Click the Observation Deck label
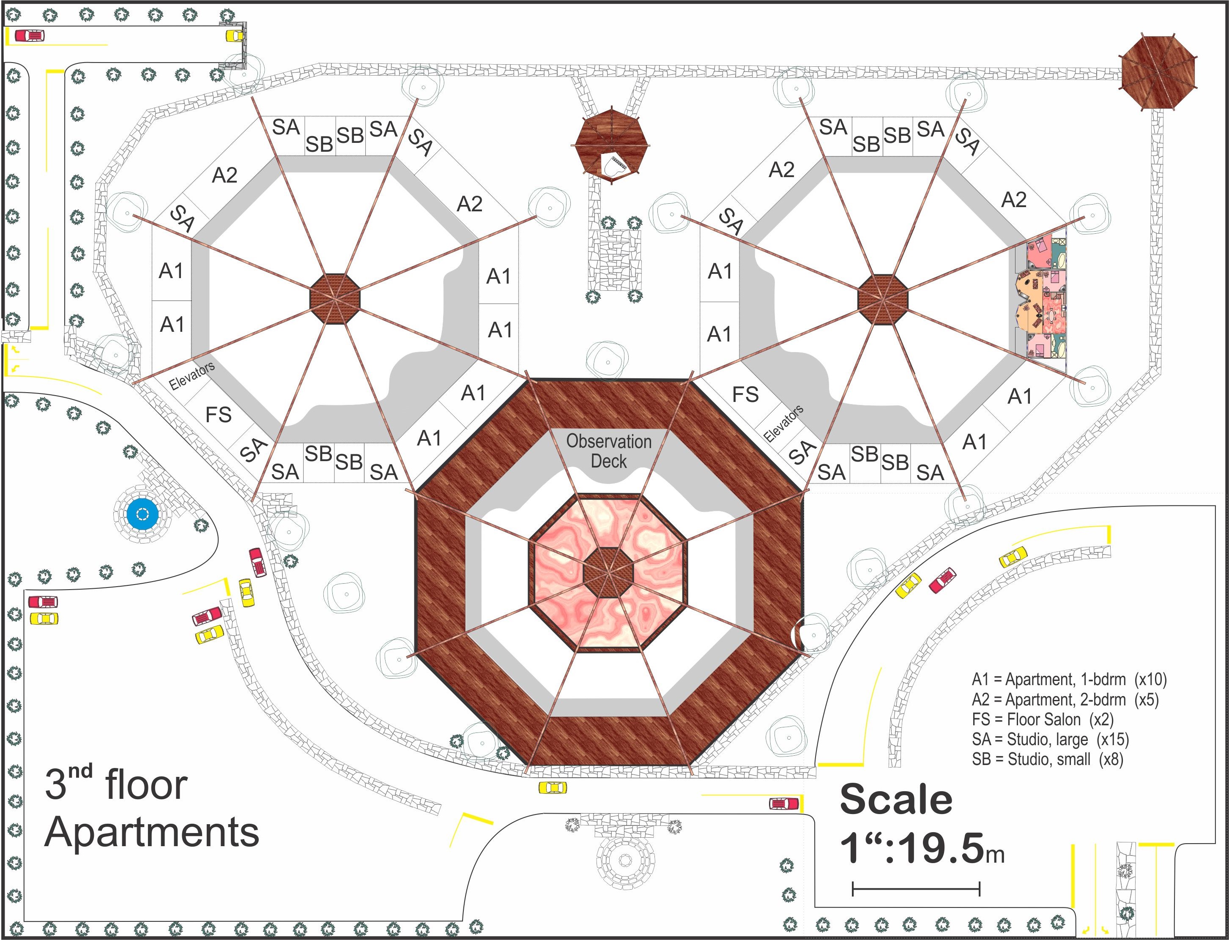[x=609, y=451]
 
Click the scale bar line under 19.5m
[x=916, y=888]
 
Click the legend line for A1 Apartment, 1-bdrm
[x=1069, y=679]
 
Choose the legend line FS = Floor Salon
[x=1043, y=719]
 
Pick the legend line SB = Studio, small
[x=1047, y=759]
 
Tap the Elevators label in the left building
[x=192, y=375]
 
